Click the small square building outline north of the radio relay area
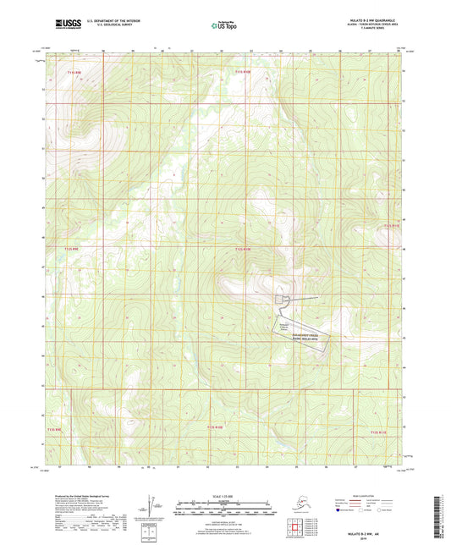point(282,299)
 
